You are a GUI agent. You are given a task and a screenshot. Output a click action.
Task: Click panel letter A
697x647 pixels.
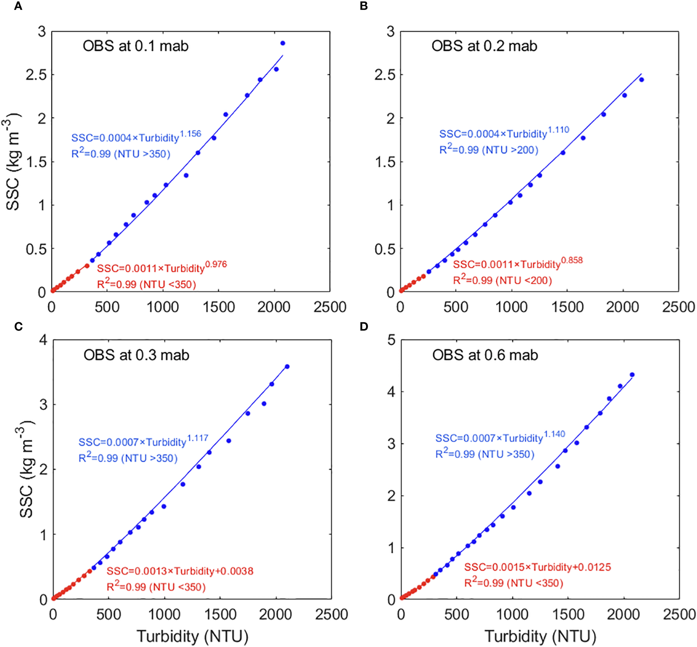coord(18,6)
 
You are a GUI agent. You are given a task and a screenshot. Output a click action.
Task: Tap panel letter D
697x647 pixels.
coord(364,327)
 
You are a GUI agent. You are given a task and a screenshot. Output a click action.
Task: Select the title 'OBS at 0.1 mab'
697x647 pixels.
coord(135,46)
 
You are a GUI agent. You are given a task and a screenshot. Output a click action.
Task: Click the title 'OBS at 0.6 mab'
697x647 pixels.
coord(485,355)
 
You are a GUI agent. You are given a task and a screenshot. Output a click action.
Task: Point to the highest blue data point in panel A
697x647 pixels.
coord(283,43)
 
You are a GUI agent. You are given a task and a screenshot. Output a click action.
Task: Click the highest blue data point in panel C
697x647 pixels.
coord(287,367)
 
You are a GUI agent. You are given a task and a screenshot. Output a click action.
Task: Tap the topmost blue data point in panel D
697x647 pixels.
coord(632,375)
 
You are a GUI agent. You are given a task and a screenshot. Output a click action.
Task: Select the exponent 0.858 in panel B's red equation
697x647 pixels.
coord(572,260)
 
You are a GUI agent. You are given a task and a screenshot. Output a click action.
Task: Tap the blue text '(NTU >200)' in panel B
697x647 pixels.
coord(510,150)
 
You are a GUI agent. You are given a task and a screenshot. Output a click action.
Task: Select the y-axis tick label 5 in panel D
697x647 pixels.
coord(391,340)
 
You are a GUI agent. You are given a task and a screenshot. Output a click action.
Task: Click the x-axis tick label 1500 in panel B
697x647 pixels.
coord(567,307)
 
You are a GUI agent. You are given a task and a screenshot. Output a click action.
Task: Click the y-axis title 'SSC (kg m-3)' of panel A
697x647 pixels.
coord(13,162)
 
